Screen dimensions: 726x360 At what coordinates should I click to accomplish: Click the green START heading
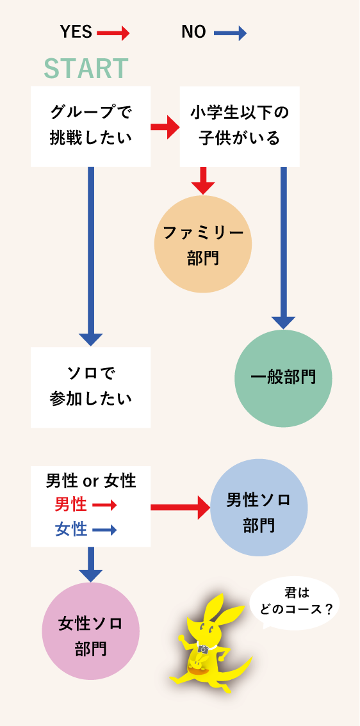point(86,69)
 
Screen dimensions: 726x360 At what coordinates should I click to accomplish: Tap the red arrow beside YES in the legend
point(113,33)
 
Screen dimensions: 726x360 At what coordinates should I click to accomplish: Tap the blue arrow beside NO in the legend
point(229,33)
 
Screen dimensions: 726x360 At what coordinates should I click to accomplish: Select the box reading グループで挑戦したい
point(90,125)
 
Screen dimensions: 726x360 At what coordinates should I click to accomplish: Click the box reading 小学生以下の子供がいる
point(239,125)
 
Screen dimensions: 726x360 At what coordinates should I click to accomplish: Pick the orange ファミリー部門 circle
point(203,245)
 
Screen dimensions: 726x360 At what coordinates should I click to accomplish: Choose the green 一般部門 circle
point(283,377)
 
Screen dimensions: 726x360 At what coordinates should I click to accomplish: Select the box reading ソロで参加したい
point(90,387)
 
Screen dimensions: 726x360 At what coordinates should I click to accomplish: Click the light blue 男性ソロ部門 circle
point(259,508)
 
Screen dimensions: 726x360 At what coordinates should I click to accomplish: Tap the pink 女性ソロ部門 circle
point(90,630)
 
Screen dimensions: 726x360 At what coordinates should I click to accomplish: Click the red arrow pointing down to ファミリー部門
point(203,180)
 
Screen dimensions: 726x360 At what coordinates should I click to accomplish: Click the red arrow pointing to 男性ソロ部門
point(181,508)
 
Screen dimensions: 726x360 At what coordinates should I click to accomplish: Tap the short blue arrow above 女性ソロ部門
point(90,563)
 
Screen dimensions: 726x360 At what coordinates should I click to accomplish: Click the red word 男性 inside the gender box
point(70,504)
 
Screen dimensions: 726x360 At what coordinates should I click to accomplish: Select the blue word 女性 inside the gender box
point(70,529)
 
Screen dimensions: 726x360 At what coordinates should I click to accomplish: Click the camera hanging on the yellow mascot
point(203,649)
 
